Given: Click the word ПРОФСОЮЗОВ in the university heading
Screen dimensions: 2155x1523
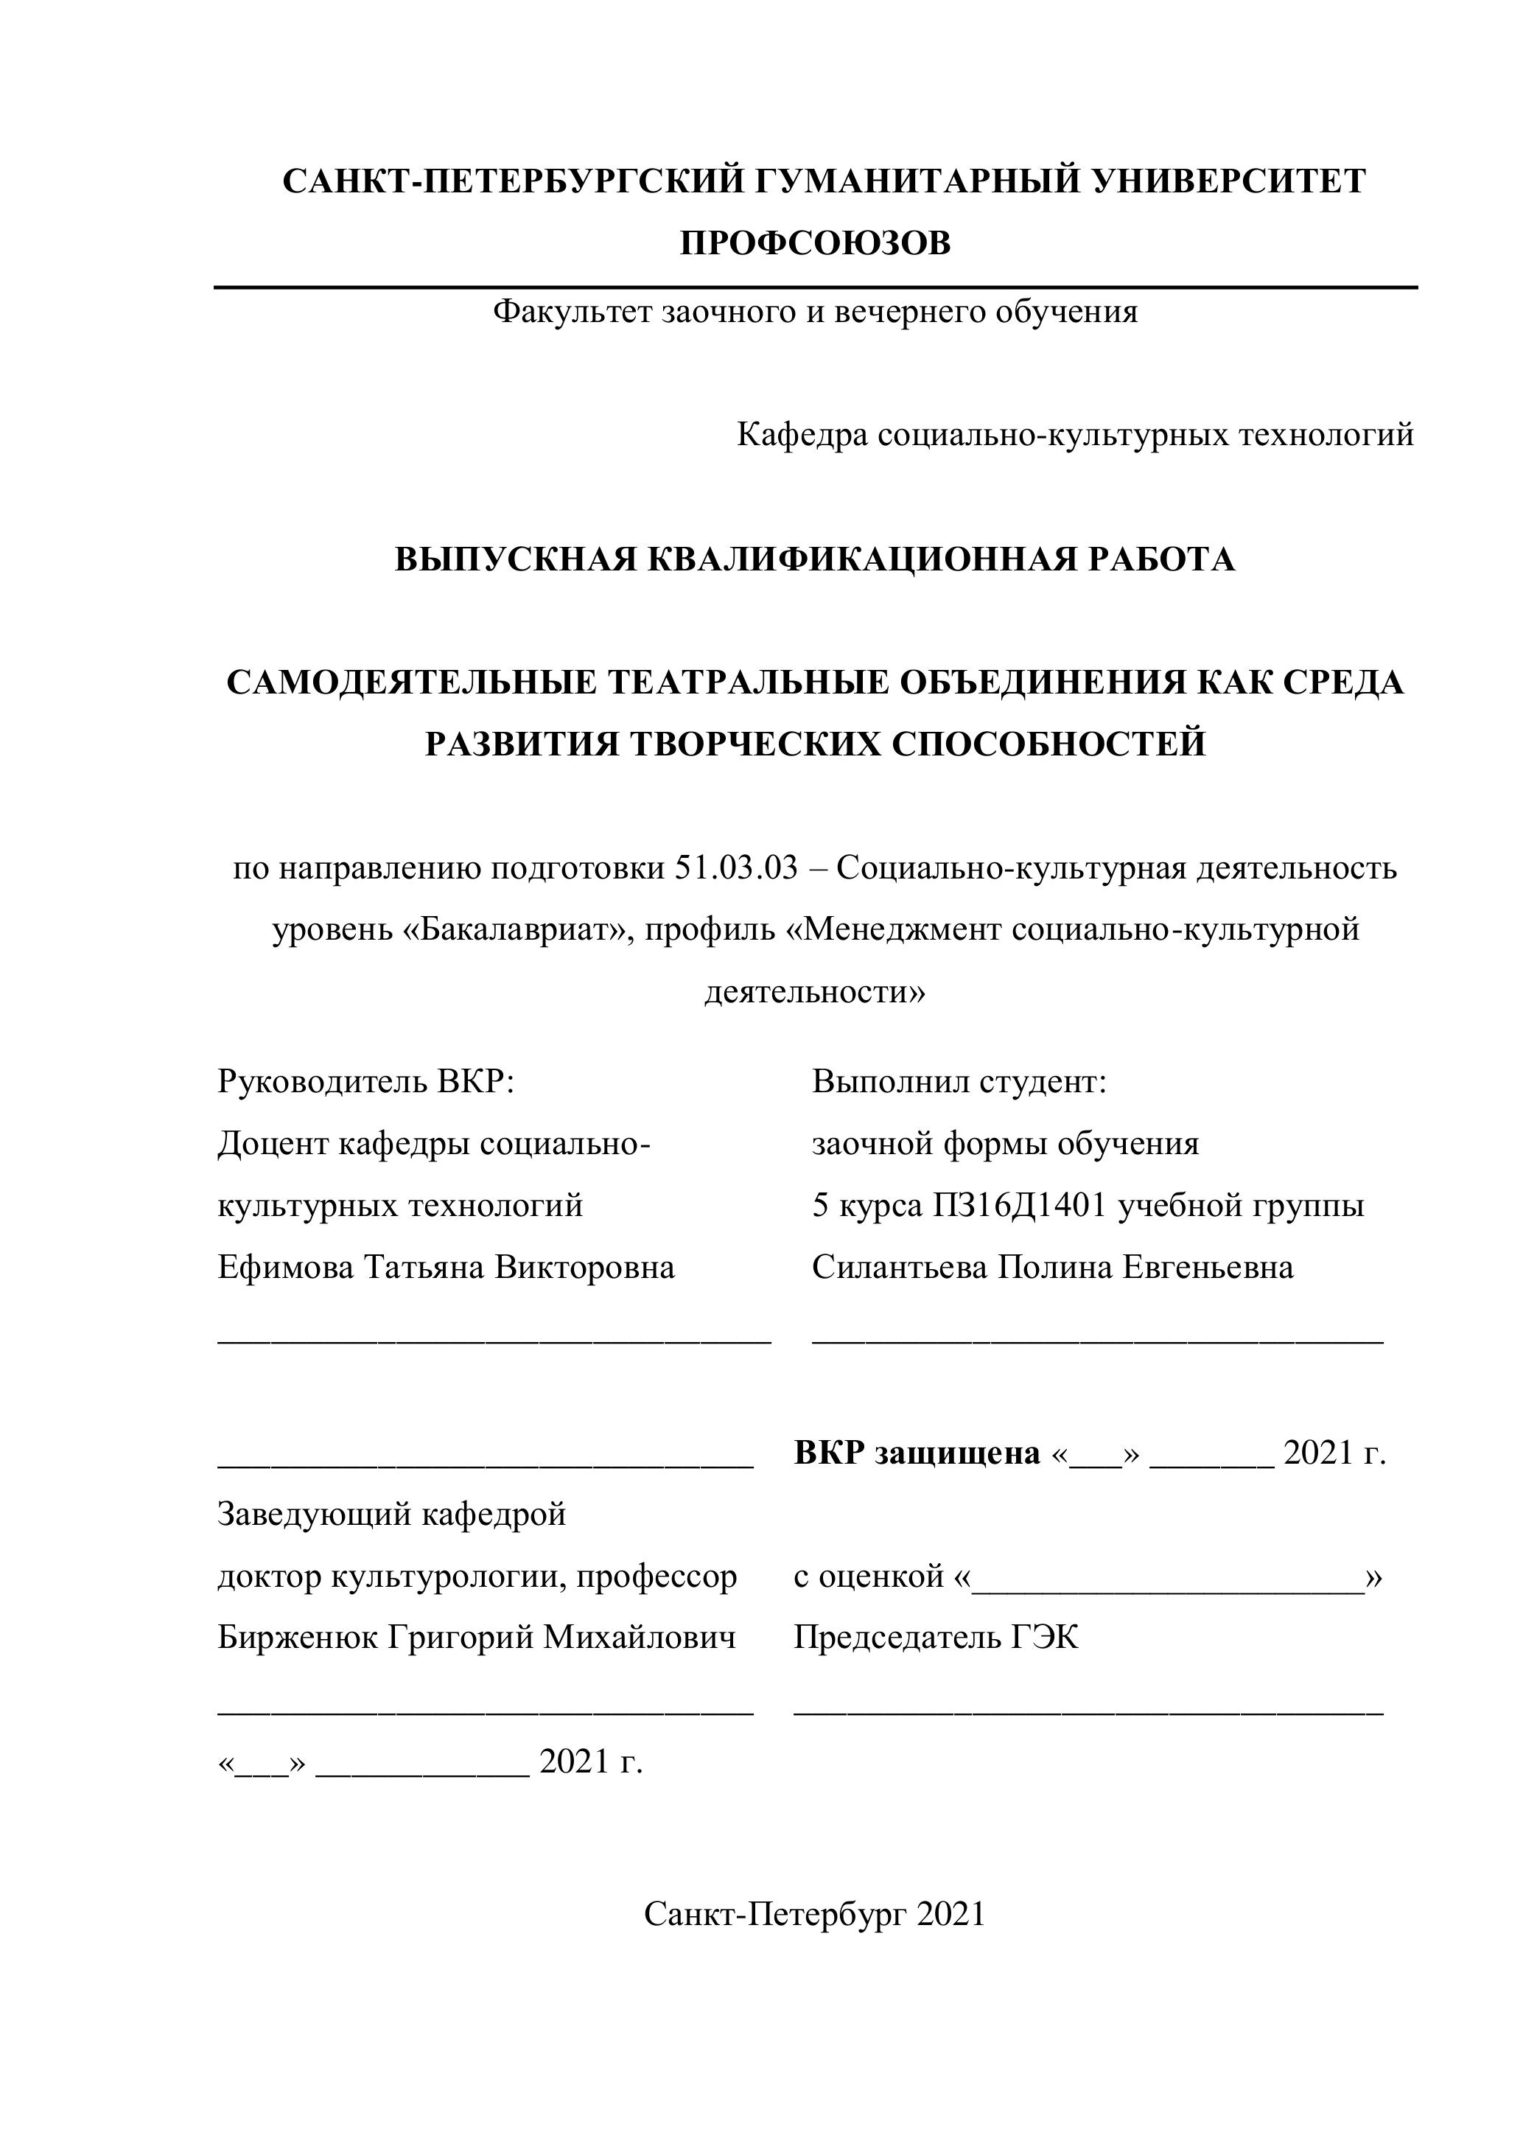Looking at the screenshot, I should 814,243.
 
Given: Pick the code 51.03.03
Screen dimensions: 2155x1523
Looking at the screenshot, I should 735,868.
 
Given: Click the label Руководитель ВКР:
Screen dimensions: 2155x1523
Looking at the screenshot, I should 366,1081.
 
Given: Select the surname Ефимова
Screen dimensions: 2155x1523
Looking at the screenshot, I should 285,1267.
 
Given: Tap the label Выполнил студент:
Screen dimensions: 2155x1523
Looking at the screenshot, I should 959,1081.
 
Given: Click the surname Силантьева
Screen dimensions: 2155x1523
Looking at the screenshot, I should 899,1267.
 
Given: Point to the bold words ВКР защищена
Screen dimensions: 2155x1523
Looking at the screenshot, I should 917,1453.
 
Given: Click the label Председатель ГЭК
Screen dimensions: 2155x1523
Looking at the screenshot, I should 936,1637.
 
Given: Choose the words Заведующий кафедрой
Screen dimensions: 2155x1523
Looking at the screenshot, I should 391,1514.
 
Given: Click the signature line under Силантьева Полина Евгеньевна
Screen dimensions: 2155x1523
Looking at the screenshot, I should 1097,1343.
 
